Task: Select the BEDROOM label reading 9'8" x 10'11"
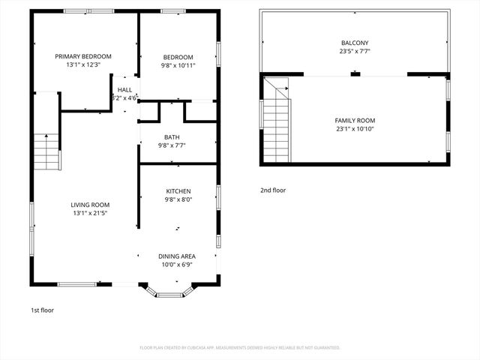(178, 57)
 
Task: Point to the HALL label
(124, 89)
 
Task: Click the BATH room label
(172, 136)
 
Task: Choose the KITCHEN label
(178, 191)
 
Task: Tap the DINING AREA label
(177, 256)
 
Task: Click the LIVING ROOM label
(90, 205)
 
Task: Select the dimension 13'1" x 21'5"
(90, 214)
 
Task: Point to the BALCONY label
(355, 43)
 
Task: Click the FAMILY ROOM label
(355, 120)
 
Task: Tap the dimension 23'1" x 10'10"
(355, 129)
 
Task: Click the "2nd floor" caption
(272, 190)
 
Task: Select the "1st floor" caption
(42, 310)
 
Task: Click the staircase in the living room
(46, 150)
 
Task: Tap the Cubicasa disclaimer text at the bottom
(240, 348)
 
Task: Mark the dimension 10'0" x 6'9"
(177, 265)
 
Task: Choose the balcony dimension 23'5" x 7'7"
(355, 52)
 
